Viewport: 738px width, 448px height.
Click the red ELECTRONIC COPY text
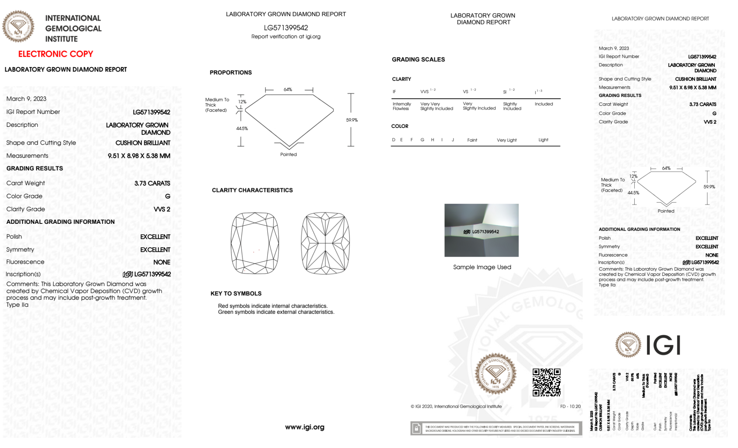pos(56,54)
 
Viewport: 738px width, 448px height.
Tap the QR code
pos(546,382)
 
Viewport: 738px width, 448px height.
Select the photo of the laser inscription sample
pos(481,230)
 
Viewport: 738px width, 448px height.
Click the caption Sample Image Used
pos(482,267)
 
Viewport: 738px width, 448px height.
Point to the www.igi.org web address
pos(305,427)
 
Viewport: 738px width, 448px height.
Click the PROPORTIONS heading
pos(231,73)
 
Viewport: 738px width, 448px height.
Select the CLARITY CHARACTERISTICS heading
pos(252,190)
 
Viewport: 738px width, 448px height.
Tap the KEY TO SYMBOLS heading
pos(236,294)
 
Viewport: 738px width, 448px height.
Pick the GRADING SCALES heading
pos(418,59)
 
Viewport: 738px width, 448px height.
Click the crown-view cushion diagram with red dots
pos(255,243)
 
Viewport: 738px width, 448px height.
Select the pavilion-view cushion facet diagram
pos(325,243)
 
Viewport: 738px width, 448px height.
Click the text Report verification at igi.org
pos(286,37)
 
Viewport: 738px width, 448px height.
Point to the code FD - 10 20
pos(570,406)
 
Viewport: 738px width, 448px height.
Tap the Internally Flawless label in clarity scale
pos(402,106)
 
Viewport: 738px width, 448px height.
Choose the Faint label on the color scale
pos(472,140)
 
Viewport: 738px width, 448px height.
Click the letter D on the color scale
pos(394,140)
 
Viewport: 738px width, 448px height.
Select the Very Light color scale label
pos(506,140)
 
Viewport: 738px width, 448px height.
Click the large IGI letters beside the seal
pos(663,345)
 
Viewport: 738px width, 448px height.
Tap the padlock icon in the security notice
pos(416,428)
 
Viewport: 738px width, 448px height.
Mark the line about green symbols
pos(276,312)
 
